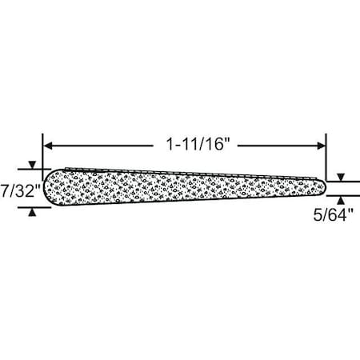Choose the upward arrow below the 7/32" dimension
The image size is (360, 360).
click(x=31, y=212)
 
